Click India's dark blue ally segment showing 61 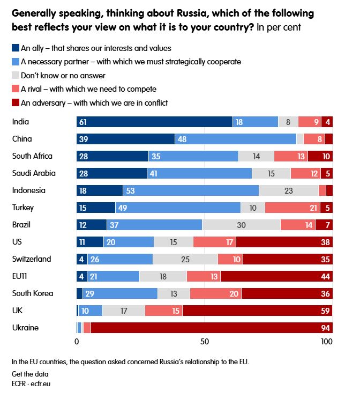coord(154,122)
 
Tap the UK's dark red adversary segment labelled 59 coord(257,311)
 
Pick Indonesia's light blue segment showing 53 coord(191,190)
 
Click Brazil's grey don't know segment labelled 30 coord(241,225)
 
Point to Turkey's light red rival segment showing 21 coord(292,208)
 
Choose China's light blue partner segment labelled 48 coord(236,139)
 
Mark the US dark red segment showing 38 coord(284,242)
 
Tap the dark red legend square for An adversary coord(15,102)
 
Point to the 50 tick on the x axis coord(204,342)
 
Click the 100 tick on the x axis coord(326,342)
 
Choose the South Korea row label coord(32,293)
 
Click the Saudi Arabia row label coord(34,173)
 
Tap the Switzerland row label coord(32,259)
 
